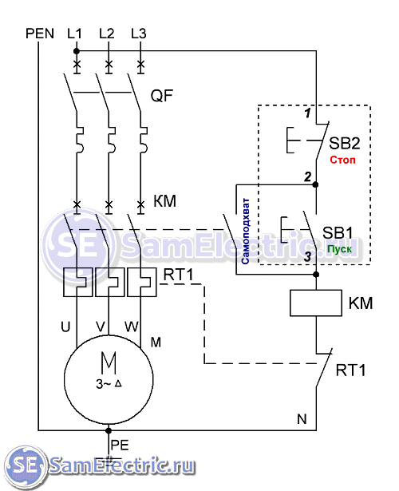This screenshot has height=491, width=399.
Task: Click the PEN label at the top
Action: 40,34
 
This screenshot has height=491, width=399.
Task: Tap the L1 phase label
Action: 74,34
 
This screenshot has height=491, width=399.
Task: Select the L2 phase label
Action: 107,34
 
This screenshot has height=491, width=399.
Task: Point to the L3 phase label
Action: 139,34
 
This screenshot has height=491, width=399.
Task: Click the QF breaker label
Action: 162,96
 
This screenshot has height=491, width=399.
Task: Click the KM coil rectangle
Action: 316,303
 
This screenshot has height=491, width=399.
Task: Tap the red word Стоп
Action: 342,160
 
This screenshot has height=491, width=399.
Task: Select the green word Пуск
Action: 339,249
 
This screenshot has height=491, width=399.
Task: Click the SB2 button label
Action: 345,143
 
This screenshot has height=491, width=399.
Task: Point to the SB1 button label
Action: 338,233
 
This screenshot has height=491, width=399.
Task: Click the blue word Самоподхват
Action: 246,231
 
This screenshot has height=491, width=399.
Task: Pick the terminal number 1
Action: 308,113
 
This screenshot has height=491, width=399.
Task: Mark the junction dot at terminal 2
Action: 315,184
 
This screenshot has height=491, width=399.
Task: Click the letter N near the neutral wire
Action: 302,419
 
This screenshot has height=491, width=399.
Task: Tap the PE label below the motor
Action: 120,445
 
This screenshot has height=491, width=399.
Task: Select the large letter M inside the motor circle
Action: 109,362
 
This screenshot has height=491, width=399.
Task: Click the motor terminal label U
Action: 65,327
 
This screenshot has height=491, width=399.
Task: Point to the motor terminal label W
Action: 132,327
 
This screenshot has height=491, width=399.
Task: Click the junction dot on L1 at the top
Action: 77,51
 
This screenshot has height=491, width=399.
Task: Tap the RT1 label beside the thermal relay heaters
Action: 179,275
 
